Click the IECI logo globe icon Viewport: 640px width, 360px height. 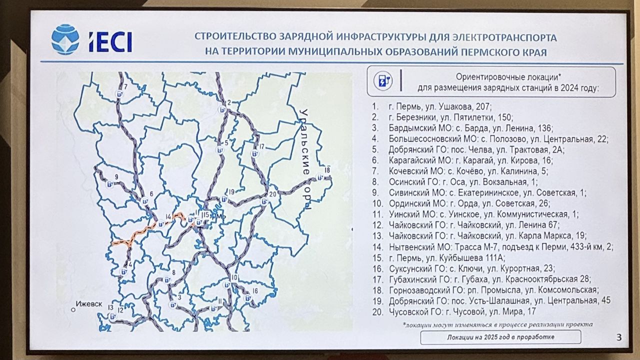coord(65,39)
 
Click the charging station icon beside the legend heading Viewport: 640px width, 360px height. coord(383,81)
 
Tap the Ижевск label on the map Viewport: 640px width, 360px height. coord(88,304)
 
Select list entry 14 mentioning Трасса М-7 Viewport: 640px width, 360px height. coord(500,246)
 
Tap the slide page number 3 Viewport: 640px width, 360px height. coord(618,337)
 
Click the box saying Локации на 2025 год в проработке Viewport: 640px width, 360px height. coord(500,337)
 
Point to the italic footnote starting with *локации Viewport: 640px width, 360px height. coord(497,324)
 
